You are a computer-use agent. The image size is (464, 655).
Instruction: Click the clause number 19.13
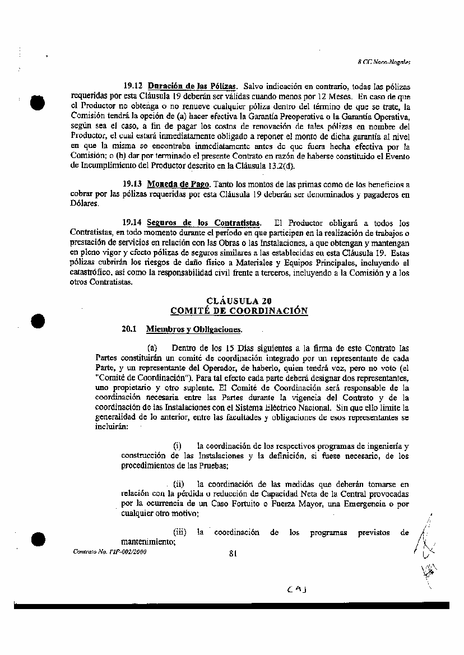[133, 184]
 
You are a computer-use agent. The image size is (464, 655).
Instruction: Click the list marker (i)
[177, 446]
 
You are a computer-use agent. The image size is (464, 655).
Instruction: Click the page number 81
[234, 554]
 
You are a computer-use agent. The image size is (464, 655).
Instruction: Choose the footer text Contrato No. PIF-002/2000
[102, 551]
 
